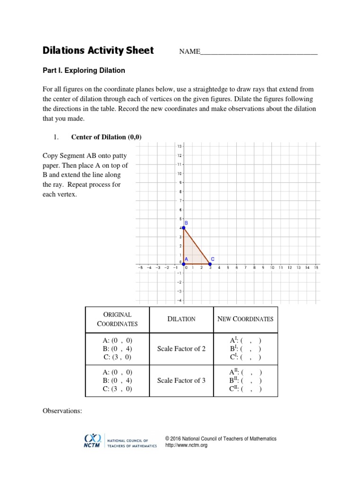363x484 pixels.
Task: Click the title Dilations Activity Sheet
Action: (x=98, y=51)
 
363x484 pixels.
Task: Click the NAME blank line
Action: (x=259, y=52)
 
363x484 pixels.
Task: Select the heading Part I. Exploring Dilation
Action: (x=84, y=70)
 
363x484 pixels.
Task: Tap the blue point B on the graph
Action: (x=184, y=228)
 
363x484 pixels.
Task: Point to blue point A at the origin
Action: (x=184, y=264)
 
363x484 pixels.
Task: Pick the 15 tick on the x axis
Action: (x=316, y=268)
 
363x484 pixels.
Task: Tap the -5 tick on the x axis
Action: (x=140, y=268)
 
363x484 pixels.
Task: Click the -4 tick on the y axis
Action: (x=179, y=300)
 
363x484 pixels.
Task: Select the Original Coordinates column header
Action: (x=117, y=319)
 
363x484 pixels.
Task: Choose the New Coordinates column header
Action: (x=245, y=319)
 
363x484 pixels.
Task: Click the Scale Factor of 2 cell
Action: (x=181, y=349)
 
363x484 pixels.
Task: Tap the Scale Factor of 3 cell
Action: (x=181, y=380)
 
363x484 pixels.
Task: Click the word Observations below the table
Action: (x=62, y=411)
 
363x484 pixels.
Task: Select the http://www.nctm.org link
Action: (x=186, y=445)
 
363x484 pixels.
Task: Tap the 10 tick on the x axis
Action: (x=272, y=268)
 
